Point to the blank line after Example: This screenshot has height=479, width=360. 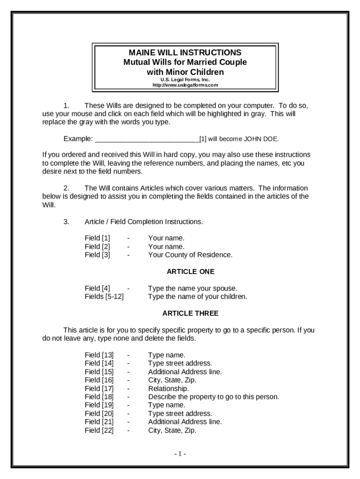[x=147, y=139]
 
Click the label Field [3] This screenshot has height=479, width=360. [x=97, y=255]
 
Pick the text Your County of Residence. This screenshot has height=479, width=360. [x=190, y=255]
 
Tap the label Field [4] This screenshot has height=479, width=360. [x=97, y=288]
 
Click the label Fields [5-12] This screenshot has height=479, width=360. [x=104, y=297]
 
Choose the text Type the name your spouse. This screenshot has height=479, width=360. [x=193, y=288]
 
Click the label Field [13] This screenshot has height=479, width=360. [x=99, y=355]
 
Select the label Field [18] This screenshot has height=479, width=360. [x=99, y=397]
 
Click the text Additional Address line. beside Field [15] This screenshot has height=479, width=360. [x=185, y=371]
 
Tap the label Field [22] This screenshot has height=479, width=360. [x=99, y=430]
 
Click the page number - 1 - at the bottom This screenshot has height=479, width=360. [x=180, y=454]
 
